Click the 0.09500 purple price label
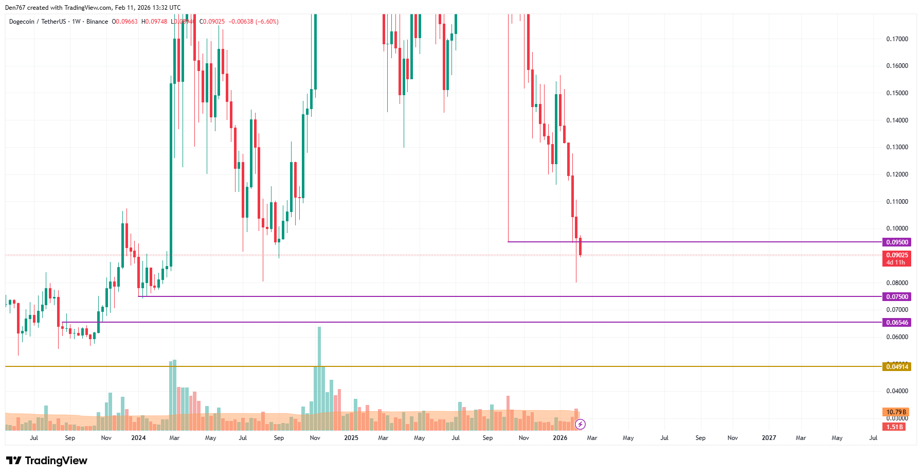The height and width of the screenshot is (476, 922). (x=896, y=242)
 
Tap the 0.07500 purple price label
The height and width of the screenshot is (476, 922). (x=896, y=296)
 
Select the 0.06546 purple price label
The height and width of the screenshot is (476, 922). (x=896, y=323)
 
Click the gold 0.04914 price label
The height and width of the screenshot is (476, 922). (x=896, y=367)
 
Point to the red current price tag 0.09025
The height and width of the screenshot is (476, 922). (x=896, y=255)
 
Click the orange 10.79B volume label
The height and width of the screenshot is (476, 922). (x=896, y=412)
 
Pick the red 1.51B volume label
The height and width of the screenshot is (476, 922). (x=894, y=427)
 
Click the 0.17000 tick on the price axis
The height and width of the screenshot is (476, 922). (x=897, y=39)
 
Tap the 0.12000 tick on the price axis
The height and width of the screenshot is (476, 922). (x=897, y=174)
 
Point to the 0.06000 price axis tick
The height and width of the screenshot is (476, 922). (x=897, y=337)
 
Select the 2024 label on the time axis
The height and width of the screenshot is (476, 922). (x=138, y=438)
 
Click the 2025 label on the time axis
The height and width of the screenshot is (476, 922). (x=351, y=438)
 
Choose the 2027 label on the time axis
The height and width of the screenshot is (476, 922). (x=769, y=438)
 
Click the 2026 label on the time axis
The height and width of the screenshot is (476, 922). (x=559, y=438)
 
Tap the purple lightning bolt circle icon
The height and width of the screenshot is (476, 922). (x=580, y=424)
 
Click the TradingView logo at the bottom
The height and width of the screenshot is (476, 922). (x=47, y=461)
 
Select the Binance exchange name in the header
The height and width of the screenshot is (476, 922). (x=97, y=22)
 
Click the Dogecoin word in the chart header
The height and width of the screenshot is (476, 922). (x=22, y=22)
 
